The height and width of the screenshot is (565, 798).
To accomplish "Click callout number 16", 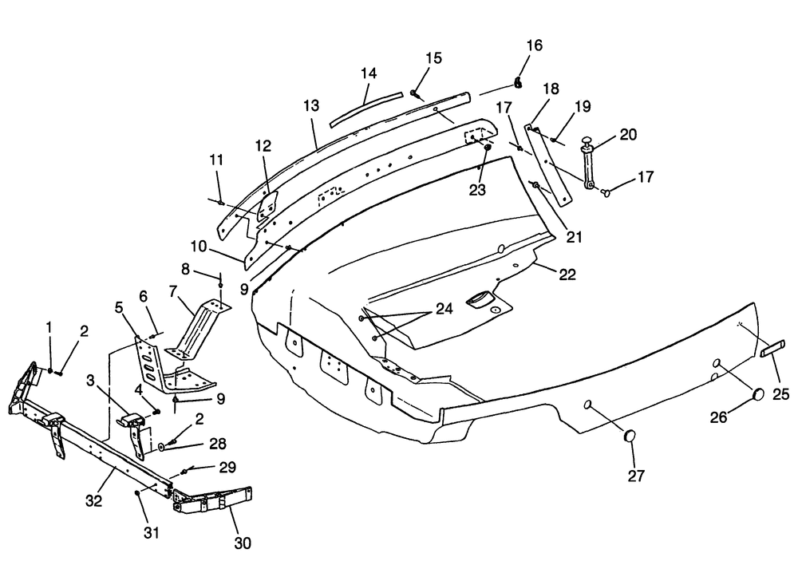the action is tap(535, 45).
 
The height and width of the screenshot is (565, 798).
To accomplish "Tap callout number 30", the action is tap(243, 543).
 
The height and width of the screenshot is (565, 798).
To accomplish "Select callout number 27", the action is tap(636, 476).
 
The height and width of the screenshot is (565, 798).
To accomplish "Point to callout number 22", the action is tap(567, 275).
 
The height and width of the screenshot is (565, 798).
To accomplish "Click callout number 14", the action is tap(369, 73).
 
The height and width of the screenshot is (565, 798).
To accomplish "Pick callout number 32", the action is tap(93, 501).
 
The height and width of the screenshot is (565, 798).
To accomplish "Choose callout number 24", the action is tap(444, 309).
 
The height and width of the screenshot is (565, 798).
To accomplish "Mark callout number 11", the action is tap(216, 160).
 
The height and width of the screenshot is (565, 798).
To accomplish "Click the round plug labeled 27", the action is tap(630, 437).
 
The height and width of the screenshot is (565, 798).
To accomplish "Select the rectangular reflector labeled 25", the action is tap(773, 350).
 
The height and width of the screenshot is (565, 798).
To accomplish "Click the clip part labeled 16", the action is tap(518, 82).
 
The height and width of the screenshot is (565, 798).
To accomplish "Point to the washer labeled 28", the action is tap(161, 447).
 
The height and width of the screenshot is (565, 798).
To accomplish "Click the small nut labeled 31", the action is tap(138, 493).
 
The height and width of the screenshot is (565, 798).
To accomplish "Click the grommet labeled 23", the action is tap(487, 148).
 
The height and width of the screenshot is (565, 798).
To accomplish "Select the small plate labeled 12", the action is tap(267, 206).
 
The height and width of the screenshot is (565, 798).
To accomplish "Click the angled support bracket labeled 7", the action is tap(197, 331).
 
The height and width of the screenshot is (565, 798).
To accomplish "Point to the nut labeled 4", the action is tap(156, 411).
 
